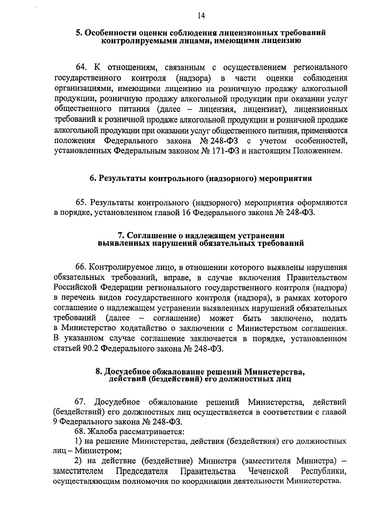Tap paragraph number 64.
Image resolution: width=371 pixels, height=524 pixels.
click(80, 68)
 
